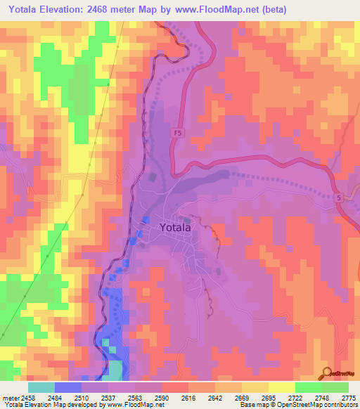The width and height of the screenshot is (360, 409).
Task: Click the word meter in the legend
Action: click(12, 397)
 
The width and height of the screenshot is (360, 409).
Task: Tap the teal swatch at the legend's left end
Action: click(41, 387)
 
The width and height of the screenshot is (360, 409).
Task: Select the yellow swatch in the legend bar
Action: click(281, 387)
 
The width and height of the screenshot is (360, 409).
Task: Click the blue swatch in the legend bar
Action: click(68, 387)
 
